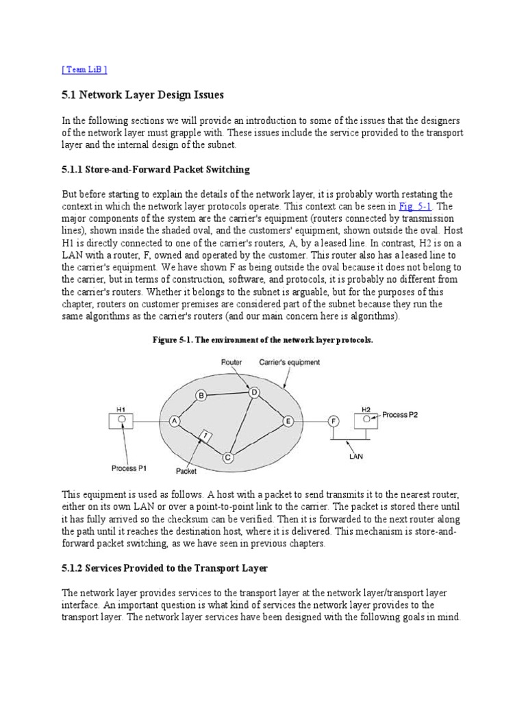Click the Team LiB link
84,69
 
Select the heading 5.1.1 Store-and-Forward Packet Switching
155,169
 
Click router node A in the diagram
174,422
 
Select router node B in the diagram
201,394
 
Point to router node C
228,457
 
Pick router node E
288,421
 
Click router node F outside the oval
334,421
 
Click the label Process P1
129,469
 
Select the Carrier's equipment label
288,363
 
